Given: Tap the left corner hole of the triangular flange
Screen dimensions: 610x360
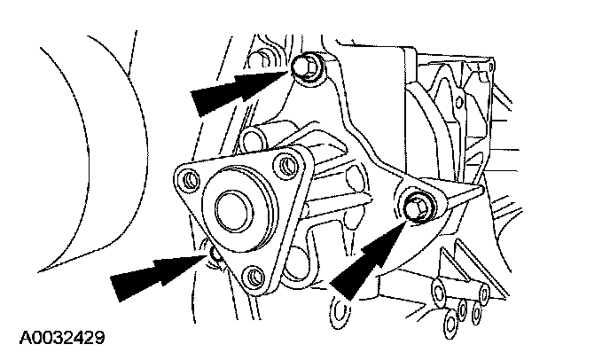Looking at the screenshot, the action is pyautogui.click(x=189, y=184).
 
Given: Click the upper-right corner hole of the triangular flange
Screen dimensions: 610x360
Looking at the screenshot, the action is pyautogui.click(x=285, y=163).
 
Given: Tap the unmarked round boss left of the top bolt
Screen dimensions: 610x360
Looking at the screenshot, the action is pyautogui.click(x=259, y=61).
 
